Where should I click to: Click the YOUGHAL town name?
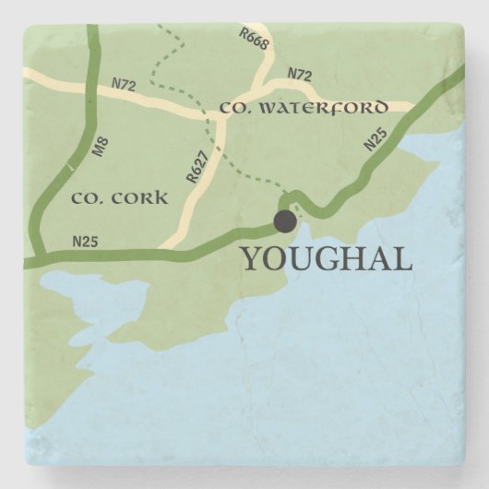(326, 259)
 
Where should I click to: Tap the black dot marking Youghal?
(285, 221)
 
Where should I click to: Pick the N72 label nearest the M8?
(125, 85)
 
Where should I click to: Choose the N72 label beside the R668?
(299, 73)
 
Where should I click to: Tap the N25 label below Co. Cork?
(85, 243)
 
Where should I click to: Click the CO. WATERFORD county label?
(304, 109)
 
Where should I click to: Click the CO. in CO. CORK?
(85, 197)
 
